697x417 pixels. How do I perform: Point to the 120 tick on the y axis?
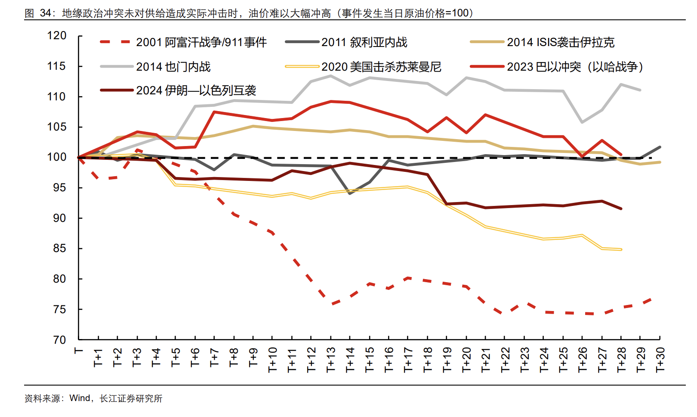click(57, 36)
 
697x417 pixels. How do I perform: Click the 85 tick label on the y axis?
click(59, 249)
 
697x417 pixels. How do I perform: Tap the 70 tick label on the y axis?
click(59, 340)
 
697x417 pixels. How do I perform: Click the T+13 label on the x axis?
click(331, 360)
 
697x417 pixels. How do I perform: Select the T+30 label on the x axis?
click(660, 360)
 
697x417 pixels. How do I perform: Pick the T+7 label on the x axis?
click(214, 358)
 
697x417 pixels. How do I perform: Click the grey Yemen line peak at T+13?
click(330, 76)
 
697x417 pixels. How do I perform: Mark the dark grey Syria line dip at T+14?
click(350, 193)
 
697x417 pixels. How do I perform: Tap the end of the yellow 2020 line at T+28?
click(621, 249)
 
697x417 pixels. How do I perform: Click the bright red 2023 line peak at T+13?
click(330, 102)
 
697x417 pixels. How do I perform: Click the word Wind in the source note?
click(80, 398)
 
